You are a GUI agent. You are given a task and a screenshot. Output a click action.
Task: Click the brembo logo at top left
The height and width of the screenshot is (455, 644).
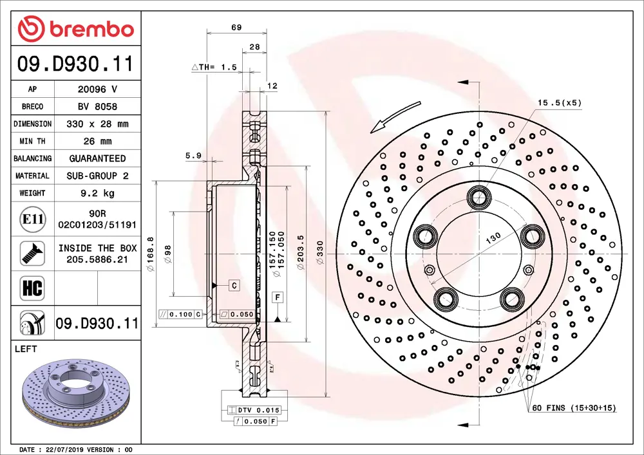pos(75,29)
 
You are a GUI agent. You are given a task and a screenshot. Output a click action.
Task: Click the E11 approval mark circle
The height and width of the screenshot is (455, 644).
pos(32,219)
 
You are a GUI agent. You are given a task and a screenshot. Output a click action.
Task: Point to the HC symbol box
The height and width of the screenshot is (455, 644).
pos(32,288)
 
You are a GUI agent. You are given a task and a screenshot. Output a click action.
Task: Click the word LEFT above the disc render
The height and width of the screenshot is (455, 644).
pos(26,349)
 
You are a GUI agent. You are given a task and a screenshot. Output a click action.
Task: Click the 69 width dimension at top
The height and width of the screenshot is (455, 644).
pos(236,27)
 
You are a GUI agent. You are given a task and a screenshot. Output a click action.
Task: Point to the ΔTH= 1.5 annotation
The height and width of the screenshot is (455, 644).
pos(214,67)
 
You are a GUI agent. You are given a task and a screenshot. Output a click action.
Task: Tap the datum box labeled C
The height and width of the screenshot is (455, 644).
pos(234,284)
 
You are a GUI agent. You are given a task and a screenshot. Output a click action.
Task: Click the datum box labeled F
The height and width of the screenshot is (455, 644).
pos(278,297)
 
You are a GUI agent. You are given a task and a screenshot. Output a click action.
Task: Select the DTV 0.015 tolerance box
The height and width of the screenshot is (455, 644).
pos(254,410)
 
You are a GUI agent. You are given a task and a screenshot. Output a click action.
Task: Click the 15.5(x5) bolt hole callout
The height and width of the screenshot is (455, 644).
pos(559,103)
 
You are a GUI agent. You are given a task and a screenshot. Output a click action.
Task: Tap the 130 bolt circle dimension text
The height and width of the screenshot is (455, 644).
pos(493,237)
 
